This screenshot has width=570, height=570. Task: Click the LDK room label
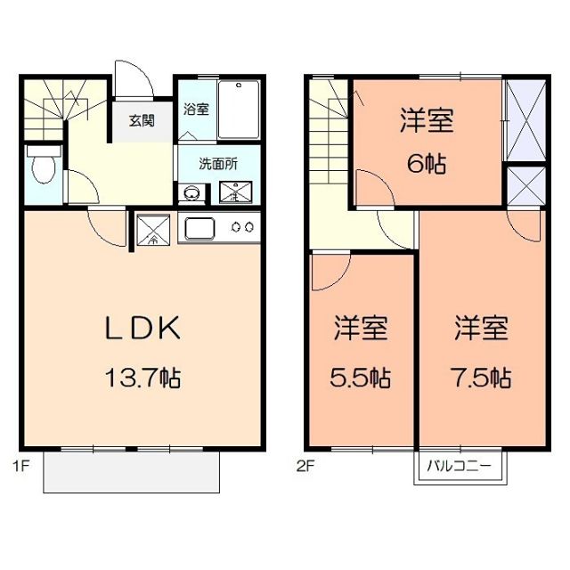tap(144, 329)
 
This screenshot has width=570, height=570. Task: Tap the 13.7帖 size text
tap(144, 379)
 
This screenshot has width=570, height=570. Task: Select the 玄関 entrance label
tap(142, 120)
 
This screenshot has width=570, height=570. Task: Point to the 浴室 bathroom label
tap(196, 110)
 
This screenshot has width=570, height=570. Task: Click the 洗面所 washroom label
tap(217, 164)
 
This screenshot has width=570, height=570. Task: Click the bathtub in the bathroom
tap(239, 110)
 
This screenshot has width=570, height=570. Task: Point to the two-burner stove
tap(242, 228)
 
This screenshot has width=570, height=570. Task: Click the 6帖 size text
tap(427, 164)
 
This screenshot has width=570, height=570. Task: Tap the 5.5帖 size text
tap(362, 378)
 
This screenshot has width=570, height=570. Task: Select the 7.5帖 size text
tap(482, 378)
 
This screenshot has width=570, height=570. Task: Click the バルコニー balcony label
tap(460, 465)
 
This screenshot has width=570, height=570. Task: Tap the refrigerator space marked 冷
tap(152, 231)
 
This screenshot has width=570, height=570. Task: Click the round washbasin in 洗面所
tap(191, 191)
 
